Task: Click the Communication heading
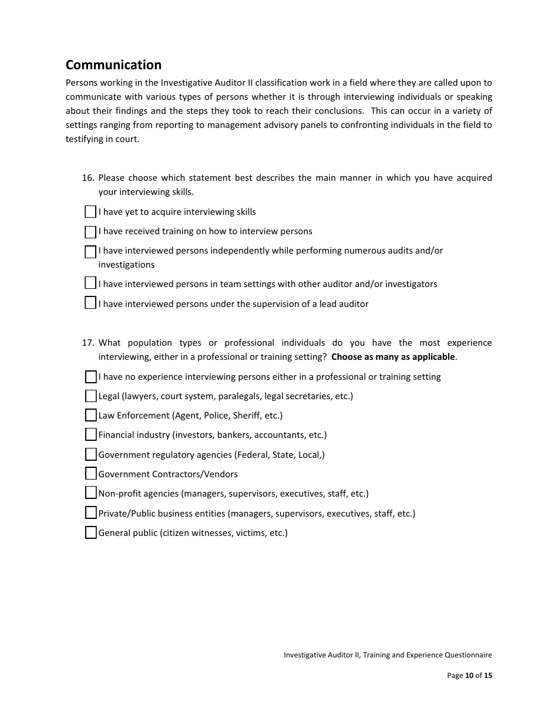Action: pyautogui.click(x=113, y=65)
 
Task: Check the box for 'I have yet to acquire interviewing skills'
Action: pyautogui.click(x=90, y=212)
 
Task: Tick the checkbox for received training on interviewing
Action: pyautogui.click(x=90, y=232)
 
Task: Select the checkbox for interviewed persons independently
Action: pyautogui.click(x=90, y=252)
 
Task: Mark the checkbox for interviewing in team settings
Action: pyautogui.click(x=90, y=283)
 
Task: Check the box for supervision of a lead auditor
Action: pyautogui.click(x=90, y=303)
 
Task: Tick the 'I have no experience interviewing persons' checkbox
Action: pyautogui.click(x=90, y=377)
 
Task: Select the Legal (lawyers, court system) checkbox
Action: pyautogui.click(x=90, y=396)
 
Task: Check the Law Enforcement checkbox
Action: pyautogui.click(x=90, y=416)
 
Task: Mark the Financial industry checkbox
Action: pyautogui.click(x=90, y=435)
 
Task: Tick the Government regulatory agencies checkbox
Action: pyautogui.click(x=90, y=454)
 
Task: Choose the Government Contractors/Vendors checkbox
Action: pyautogui.click(x=90, y=474)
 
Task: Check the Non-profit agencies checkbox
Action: pyautogui.click(x=90, y=493)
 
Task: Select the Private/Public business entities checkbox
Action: pyautogui.click(x=90, y=513)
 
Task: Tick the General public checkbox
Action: pyautogui.click(x=90, y=533)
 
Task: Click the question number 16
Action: pyautogui.click(x=88, y=178)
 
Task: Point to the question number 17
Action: pyautogui.click(x=88, y=343)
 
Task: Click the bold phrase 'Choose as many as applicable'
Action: pyautogui.click(x=393, y=357)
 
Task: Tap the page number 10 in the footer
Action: pyautogui.click(x=469, y=676)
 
